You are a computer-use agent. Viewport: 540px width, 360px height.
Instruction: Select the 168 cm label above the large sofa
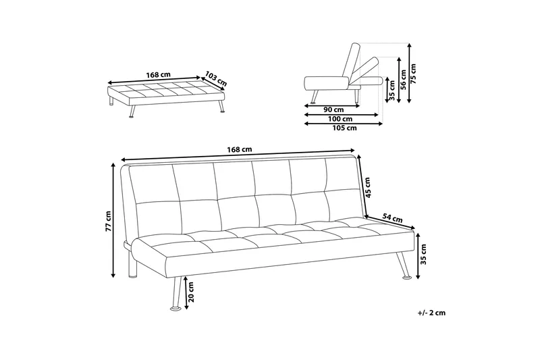239,149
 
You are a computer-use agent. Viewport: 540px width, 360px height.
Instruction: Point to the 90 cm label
332,109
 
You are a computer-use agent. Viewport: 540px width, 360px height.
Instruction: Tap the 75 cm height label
414,71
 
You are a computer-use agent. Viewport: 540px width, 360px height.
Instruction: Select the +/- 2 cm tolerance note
431,313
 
